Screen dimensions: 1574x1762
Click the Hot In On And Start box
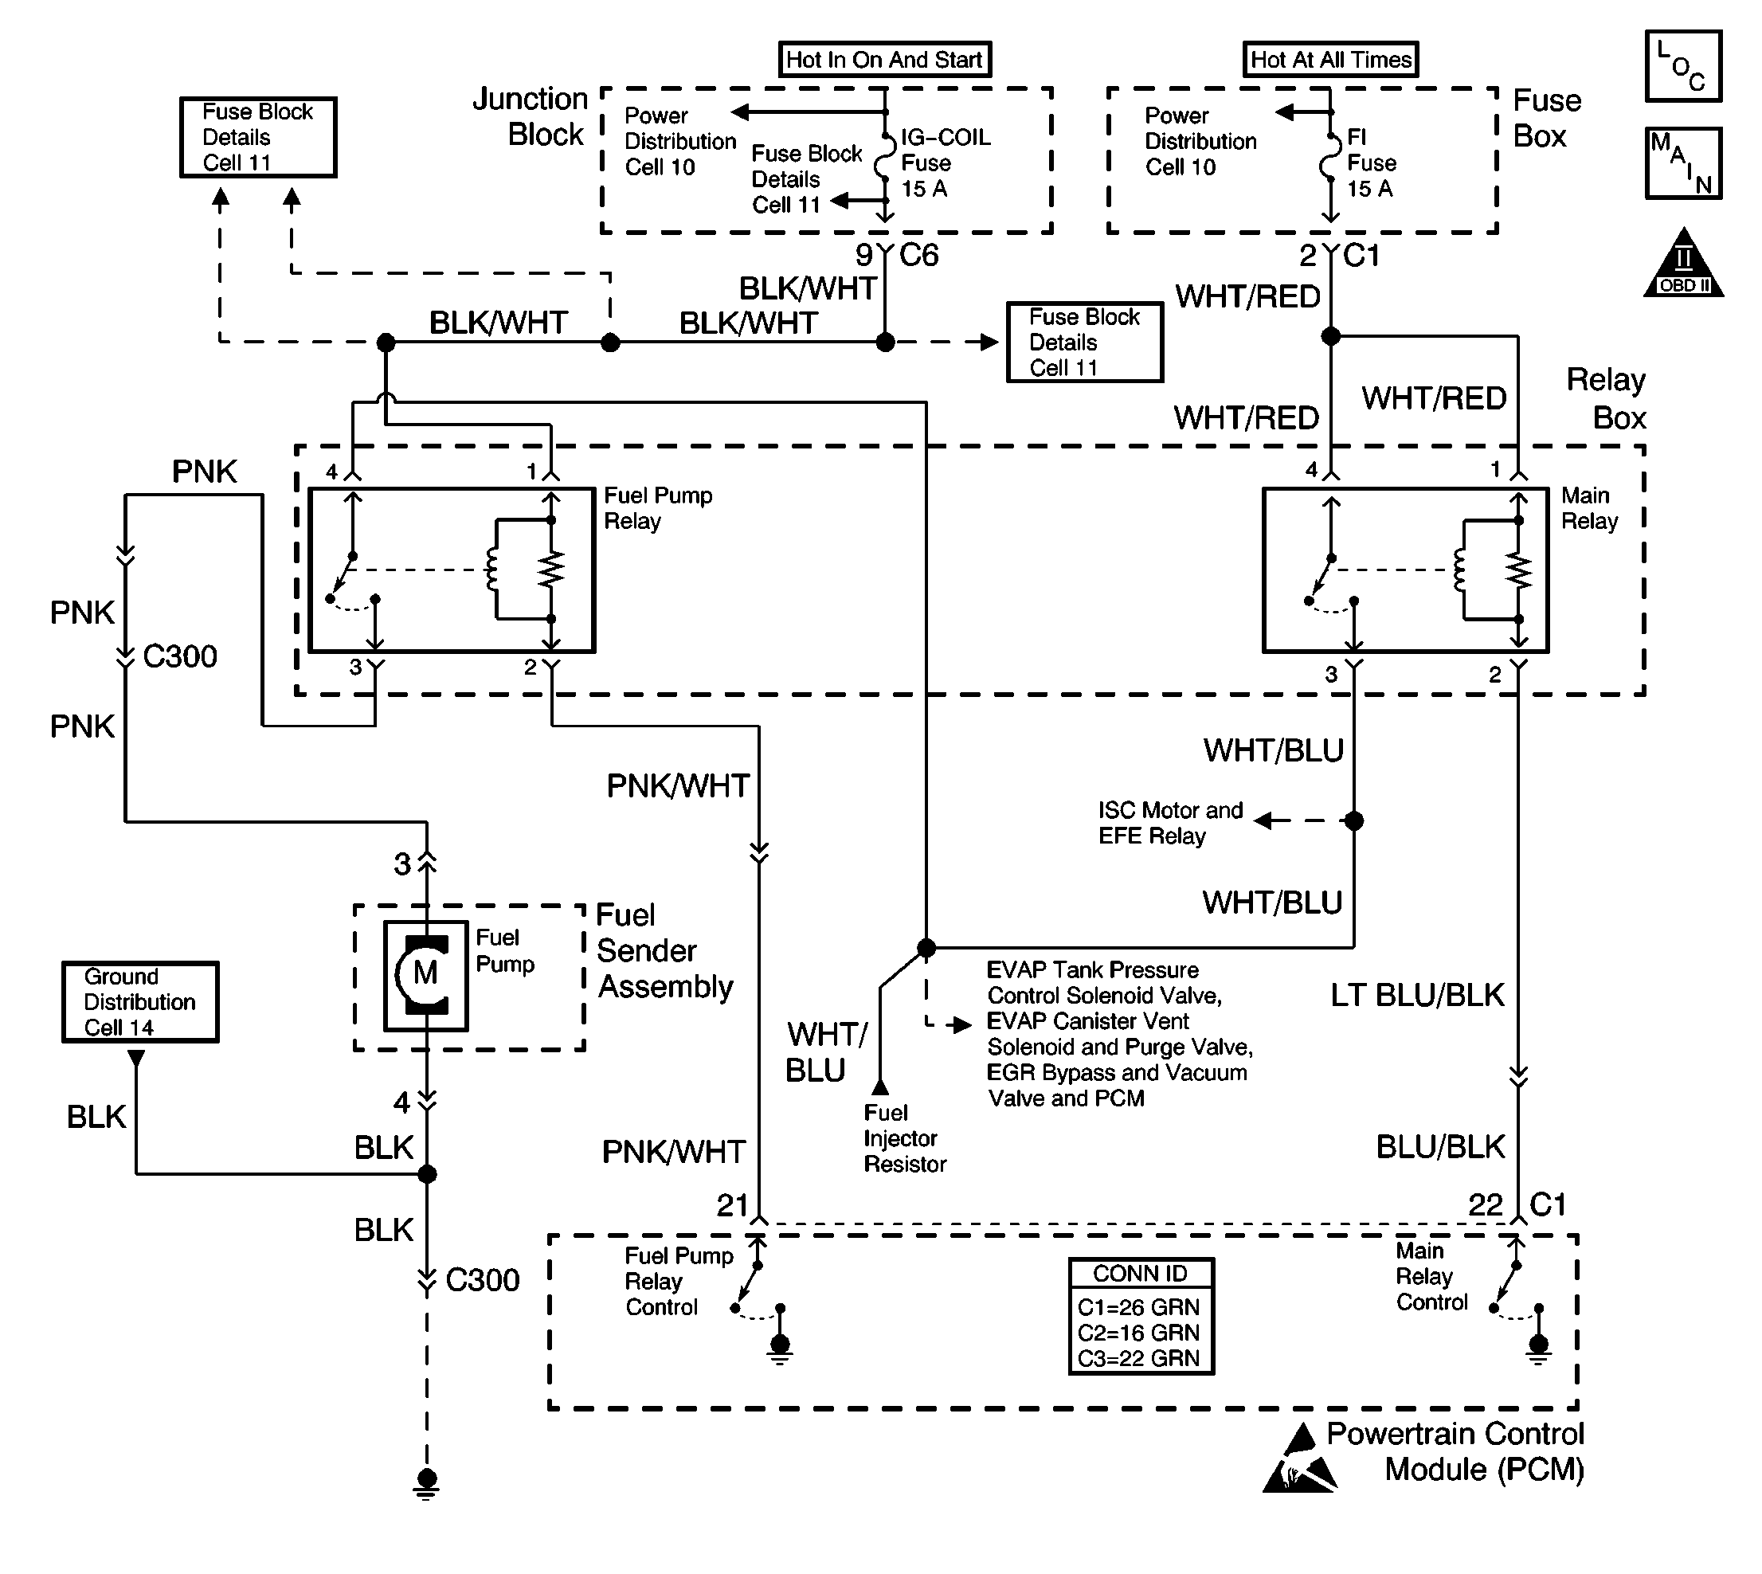(884, 60)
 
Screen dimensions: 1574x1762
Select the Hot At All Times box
(1330, 60)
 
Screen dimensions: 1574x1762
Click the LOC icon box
(1682, 67)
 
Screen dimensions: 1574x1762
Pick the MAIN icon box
(1682, 163)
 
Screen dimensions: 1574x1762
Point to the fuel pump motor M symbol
(425, 975)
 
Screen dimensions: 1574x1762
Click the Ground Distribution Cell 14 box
(140, 1001)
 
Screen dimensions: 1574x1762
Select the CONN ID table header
(1141, 1274)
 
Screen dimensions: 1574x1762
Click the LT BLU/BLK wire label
(1417, 996)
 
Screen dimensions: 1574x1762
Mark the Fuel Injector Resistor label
(904, 1138)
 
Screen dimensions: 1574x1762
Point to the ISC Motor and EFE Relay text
(1169, 823)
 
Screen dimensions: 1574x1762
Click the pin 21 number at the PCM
(732, 1204)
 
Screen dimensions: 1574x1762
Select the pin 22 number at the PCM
(1486, 1204)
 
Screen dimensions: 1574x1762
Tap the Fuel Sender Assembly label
(664, 950)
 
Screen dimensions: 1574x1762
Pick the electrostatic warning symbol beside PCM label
(1299, 1462)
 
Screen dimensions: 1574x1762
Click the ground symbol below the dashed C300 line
(426, 1482)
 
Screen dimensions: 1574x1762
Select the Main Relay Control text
(1431, 1277)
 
